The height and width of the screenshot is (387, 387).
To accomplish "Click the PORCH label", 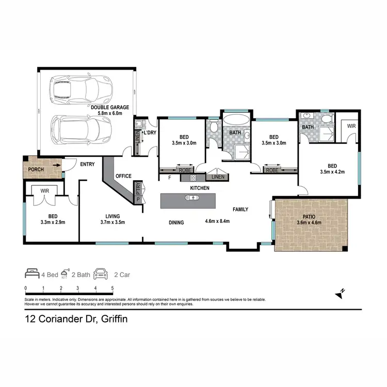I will (x=36, y=169).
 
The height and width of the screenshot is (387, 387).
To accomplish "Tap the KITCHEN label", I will (x=200, y=188).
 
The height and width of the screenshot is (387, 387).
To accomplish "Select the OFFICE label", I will (x=123, y=176).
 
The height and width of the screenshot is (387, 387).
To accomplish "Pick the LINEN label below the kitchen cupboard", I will (x=217, y=178).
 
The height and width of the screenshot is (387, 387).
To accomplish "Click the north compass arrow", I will (x=340, y=294).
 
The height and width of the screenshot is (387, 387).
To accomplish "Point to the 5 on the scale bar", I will (x=112, y=288).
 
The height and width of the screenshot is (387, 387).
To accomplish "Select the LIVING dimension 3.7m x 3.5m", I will (x=112, y=223).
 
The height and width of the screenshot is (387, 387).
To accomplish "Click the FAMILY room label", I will (x=240, y=209).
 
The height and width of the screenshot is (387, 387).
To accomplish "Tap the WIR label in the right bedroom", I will (x=351, y=126).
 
